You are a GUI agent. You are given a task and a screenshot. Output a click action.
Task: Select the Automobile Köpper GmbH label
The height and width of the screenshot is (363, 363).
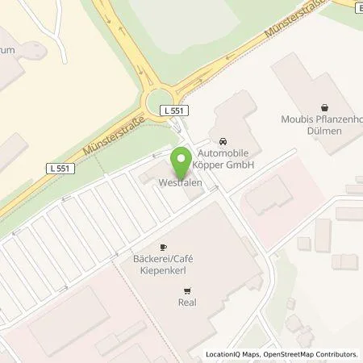click(220, 159)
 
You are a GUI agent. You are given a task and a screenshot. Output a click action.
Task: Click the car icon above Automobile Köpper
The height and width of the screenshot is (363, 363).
click(222, 138)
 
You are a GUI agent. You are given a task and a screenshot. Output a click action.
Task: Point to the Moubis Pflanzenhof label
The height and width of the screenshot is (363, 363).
click(325, 120)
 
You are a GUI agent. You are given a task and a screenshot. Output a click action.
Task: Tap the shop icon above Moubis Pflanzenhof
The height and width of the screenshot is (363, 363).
click(324, 106)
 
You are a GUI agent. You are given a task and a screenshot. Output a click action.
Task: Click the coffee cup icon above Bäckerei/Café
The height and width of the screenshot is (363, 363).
click(163, 247)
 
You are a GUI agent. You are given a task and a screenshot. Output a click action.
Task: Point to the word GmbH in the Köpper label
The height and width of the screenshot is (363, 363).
click(240, 165)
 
